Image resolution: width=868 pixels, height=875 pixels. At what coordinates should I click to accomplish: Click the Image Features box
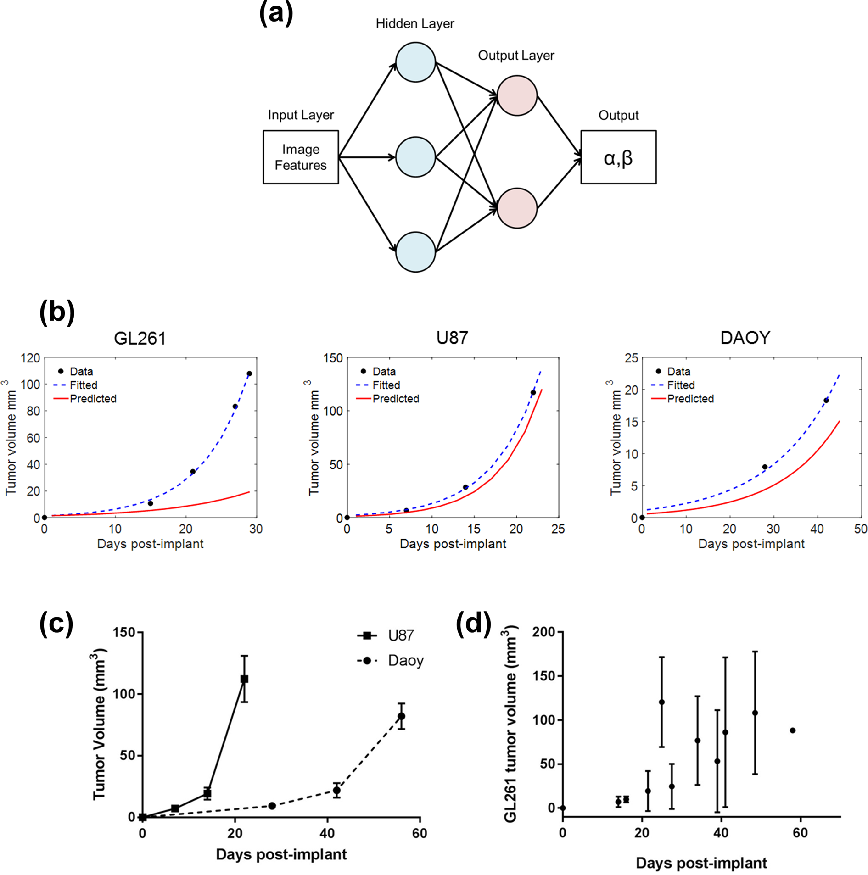coord(300,157)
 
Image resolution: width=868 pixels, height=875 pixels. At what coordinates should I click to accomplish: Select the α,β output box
coord(618,157)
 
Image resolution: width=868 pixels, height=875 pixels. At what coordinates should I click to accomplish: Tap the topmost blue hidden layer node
coord(415,62)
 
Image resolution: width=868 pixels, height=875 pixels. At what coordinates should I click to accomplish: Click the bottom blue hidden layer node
coord(415,252)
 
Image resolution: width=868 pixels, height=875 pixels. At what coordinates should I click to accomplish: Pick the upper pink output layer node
coord(517,95)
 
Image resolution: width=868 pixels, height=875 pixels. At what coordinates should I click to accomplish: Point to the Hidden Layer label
coord(414,24)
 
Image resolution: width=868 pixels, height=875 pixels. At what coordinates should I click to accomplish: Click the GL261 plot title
coord(140,338)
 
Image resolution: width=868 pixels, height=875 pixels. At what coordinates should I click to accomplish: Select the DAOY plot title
coord(745,338)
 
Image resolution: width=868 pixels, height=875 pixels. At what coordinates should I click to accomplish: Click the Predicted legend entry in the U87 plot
coord(395,399)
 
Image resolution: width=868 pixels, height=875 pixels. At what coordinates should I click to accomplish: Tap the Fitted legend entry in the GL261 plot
coord(83,385)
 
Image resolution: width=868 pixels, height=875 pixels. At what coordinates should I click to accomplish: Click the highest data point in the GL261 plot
coord(249,373)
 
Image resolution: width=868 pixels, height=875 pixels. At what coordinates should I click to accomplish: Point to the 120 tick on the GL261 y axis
coord(30,358)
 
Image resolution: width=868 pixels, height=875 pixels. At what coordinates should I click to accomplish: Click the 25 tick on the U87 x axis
coord(558,529)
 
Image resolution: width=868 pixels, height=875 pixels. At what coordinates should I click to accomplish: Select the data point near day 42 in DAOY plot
coord(826,400)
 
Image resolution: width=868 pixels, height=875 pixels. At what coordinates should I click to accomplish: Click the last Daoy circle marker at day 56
coord(401,716)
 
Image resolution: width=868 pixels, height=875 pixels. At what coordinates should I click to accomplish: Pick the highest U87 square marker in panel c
coord(244,679)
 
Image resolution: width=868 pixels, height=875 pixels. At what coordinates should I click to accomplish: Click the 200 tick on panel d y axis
coord(543,632)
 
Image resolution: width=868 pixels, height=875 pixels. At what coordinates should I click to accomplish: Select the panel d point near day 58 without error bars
coord(792,730)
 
